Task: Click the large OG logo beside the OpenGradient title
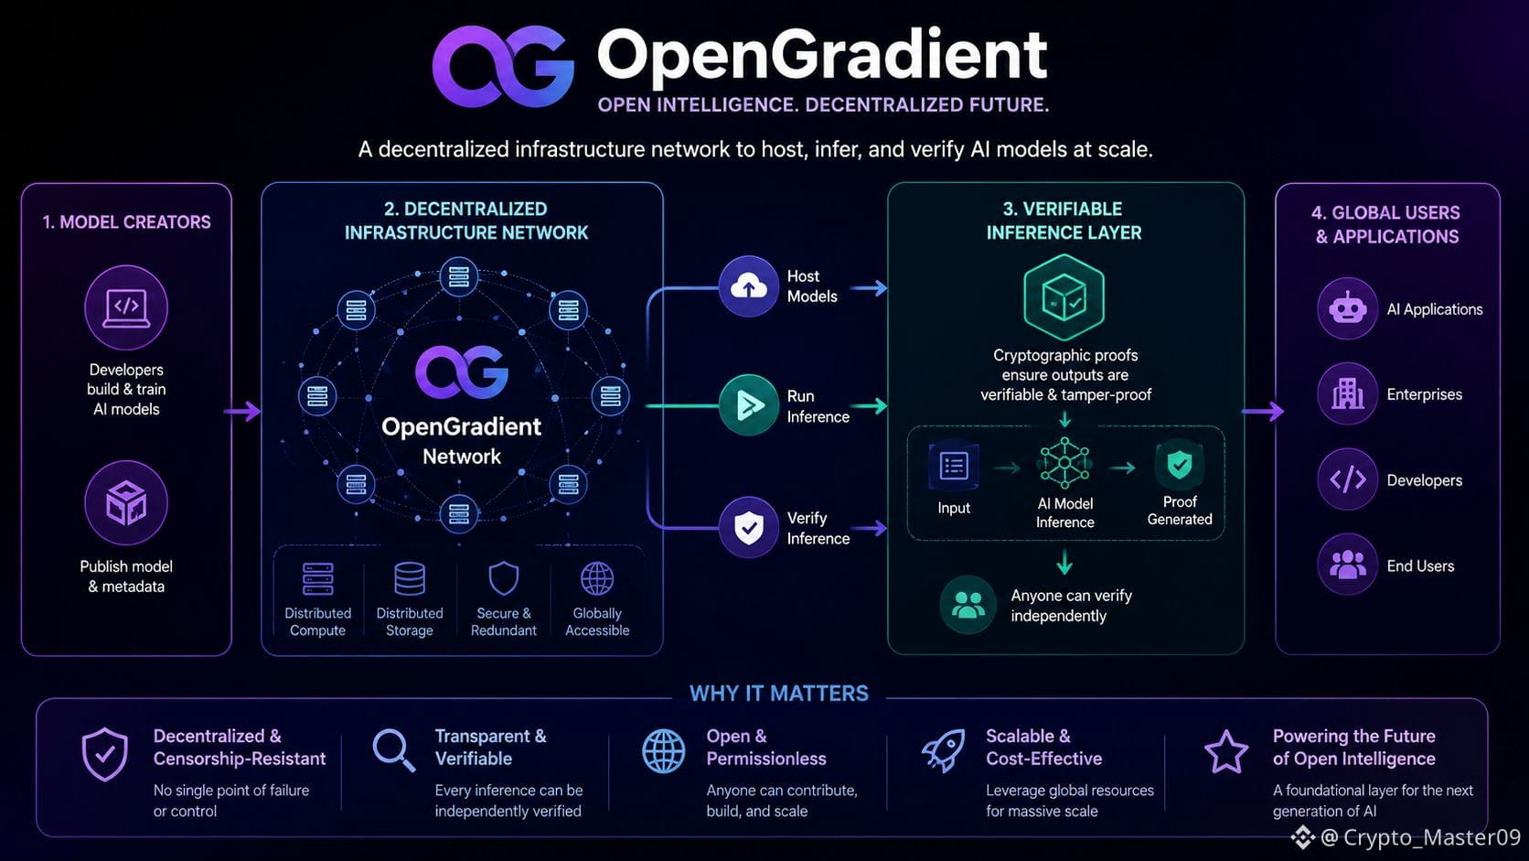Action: tap(503, 66)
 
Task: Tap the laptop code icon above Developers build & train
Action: tap(126, 307)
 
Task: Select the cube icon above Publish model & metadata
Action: tap(126, 503)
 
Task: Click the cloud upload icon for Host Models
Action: tap(749, 286)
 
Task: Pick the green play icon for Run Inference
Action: tap(749, 405)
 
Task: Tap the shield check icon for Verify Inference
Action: tap(749, 528)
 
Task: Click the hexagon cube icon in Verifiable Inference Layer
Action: tap(1064, 297)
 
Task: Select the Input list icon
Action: tap(954, 467)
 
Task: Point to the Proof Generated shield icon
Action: tap(1180, 465)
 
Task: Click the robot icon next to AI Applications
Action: tap(1347, 308)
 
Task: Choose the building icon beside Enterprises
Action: tap(1347, 394)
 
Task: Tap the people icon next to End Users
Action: tap(1347, 565)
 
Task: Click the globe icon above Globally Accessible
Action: tap(597, 579)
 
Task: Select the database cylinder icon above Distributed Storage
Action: tap(410, 579)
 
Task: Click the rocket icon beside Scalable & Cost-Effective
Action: tap(944, 750)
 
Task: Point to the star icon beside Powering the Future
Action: tap(1226, 752)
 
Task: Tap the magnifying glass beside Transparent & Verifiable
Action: tap(394, 750)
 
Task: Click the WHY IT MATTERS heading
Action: tap(779, 694)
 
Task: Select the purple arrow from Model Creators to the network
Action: tap(242, 411)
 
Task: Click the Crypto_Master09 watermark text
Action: tap(1421, 837)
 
